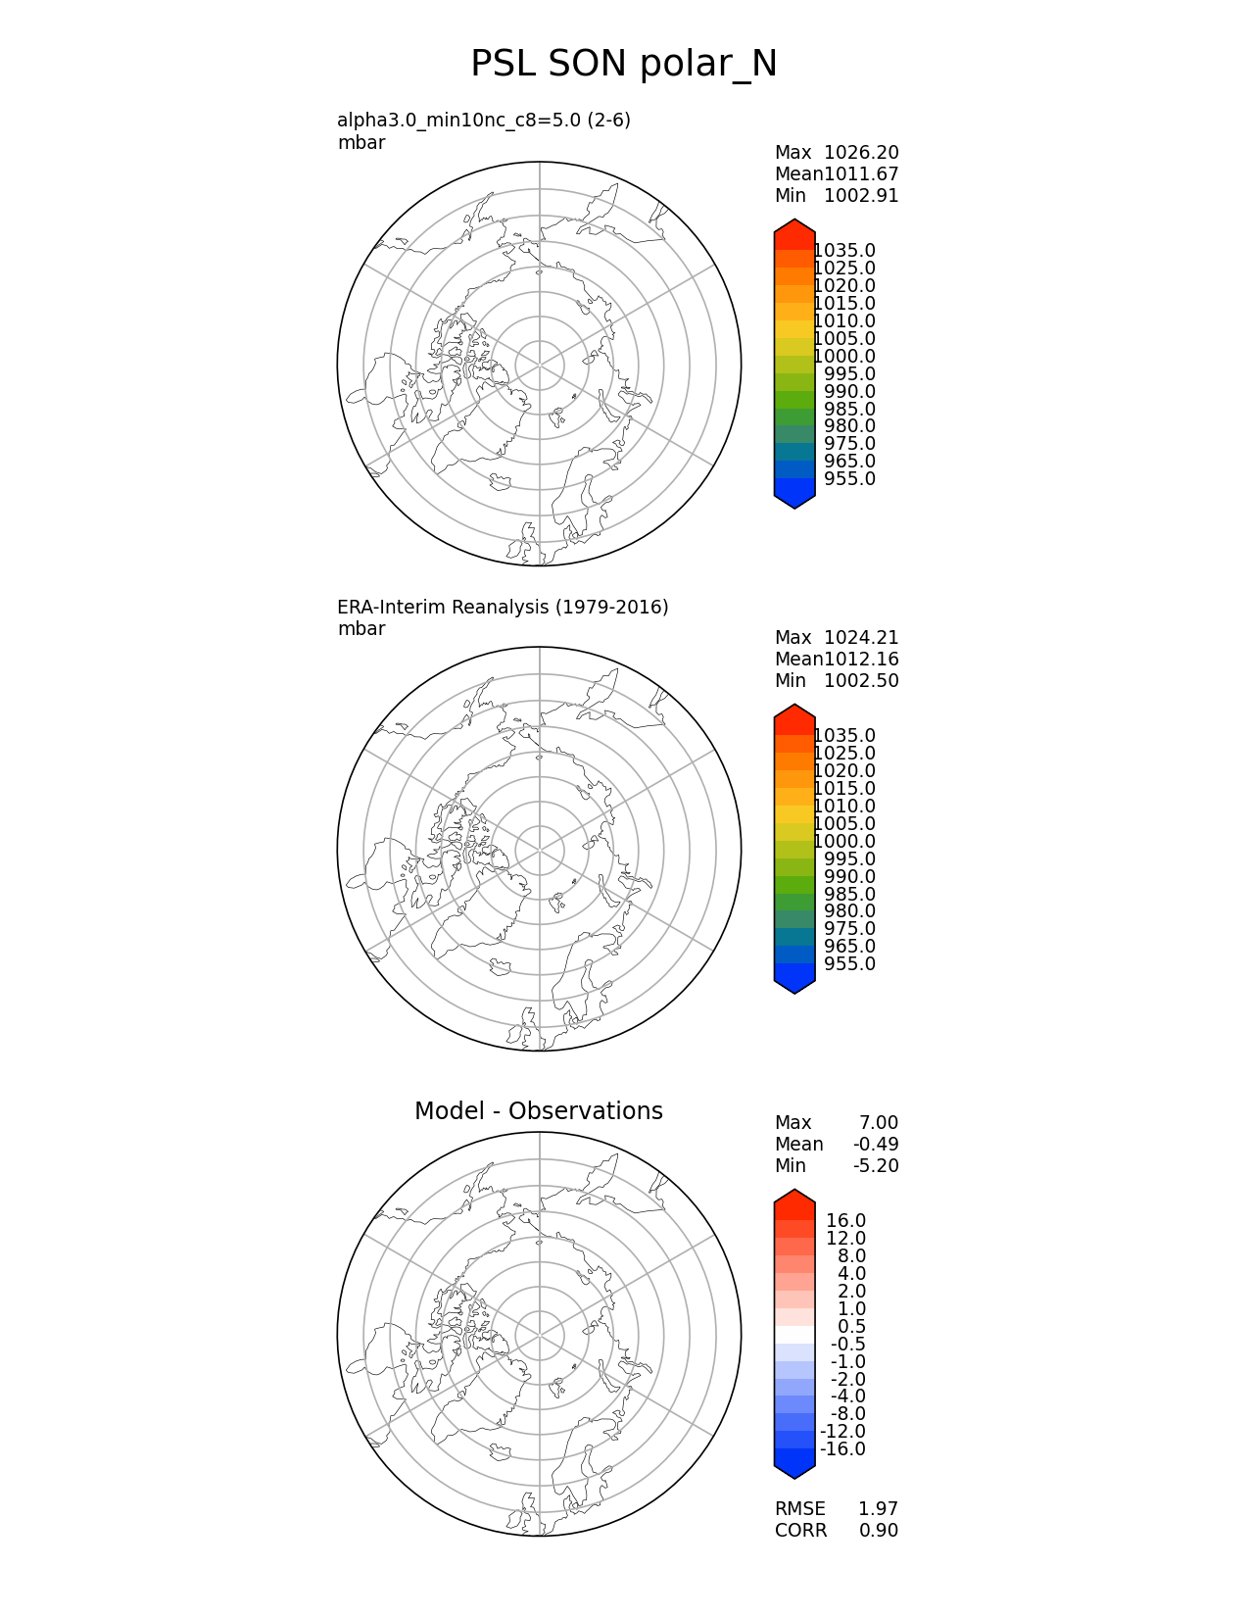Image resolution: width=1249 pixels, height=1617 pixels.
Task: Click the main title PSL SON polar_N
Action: click(624, 65)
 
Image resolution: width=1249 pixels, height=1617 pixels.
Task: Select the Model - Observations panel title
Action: click(538, 1111)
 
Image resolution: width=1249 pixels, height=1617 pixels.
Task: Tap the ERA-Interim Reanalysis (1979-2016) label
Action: click(503, 608)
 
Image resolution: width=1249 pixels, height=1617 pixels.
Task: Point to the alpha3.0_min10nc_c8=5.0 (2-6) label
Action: click(483, 121)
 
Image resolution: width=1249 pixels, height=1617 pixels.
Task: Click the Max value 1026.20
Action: click(861, 153)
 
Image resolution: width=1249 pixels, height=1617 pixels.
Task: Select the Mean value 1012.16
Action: click(861, 660)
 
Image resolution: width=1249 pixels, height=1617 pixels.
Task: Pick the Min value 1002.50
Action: click(861, 681)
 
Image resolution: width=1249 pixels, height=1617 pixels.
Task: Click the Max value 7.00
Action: click(879, 1123)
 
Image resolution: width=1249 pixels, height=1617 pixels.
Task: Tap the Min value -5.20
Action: click(876, 1166)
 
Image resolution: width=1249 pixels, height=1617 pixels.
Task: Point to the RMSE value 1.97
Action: click(878, 1509)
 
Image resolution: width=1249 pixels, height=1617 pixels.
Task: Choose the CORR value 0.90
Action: click(878, 1531)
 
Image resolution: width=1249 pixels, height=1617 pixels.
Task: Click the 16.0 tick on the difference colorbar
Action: click(845, 1221)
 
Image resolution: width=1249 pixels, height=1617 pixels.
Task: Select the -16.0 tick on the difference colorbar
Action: click(842, 1449)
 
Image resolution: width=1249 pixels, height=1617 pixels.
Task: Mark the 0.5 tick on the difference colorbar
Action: click(851, 1327)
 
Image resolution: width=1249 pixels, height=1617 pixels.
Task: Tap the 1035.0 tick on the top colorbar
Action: click(844, 251)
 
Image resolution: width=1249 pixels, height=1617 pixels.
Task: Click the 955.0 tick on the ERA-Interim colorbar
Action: click(849, 964)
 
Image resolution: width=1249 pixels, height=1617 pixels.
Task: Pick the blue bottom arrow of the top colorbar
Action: click(794, 498)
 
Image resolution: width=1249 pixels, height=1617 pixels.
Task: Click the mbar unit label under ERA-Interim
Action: click(361, 629)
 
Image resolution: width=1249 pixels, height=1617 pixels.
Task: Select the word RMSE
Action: click(799, 1509)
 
